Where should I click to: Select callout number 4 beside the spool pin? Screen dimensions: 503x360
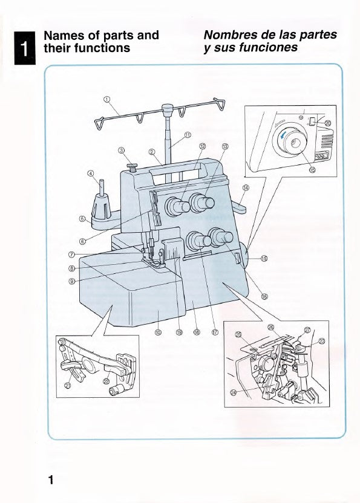click(91, 174)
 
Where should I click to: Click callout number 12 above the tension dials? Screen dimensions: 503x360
click(203, 146)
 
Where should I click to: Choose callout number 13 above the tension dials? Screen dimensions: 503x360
click(225, 146)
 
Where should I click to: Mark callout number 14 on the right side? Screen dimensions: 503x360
click(246, 188)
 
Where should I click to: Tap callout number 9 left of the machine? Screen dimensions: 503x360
click(71, 281)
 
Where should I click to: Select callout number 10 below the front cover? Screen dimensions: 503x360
click(158, 331)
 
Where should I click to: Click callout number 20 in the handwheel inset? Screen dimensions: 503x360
click(328, 123)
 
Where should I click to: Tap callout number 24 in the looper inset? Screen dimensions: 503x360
click(233, 391)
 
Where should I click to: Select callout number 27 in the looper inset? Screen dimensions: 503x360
click(307, 330)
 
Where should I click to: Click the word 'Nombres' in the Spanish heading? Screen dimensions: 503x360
click(230, 35)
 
